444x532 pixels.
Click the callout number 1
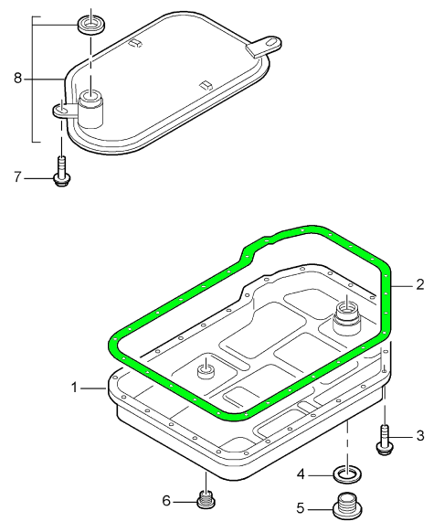point(75,388)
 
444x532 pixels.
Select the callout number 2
point(420,284)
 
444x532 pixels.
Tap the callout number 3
point(420,435)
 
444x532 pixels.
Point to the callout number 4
point(301,474)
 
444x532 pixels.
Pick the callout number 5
point(301,508)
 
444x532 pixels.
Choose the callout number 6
point(166,500)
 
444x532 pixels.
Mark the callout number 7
point(17,176)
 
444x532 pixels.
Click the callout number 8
point(17,78)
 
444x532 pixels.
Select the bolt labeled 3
point(385,440)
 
